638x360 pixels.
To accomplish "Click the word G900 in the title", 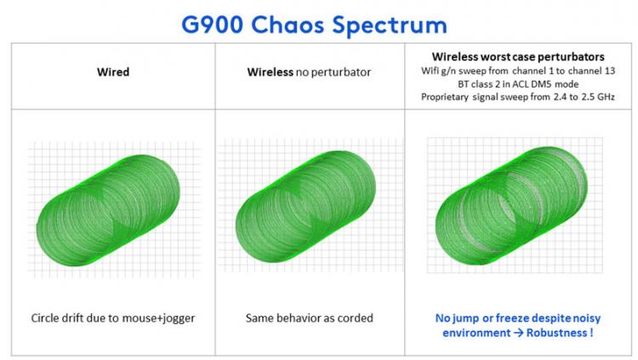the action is [x=212, y=25].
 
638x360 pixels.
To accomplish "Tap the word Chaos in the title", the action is [x=288, y=25].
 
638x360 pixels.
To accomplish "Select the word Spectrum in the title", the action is [x=390, y=26].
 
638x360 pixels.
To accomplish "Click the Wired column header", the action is [x=113, y=72].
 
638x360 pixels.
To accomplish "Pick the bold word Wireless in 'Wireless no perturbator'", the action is [x=271, y=72].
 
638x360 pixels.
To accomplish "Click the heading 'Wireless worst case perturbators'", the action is [x=518, y=57].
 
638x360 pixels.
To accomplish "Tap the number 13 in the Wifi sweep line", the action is [x=610, y=71].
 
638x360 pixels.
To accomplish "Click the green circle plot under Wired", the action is [x=108, y=210].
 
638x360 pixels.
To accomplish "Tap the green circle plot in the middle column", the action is [x=305, y=206].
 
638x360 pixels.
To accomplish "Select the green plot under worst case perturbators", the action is [x=511, y=206].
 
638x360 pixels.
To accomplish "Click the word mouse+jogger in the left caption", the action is [x=161, y=318].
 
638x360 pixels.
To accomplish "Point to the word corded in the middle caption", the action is [x=356, y=318].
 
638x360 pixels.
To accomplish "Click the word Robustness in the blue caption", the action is [x=556, y=333].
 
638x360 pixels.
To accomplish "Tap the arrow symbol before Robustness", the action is [x=518, y=333].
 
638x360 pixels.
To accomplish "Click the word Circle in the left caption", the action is [x=44, y=318].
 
